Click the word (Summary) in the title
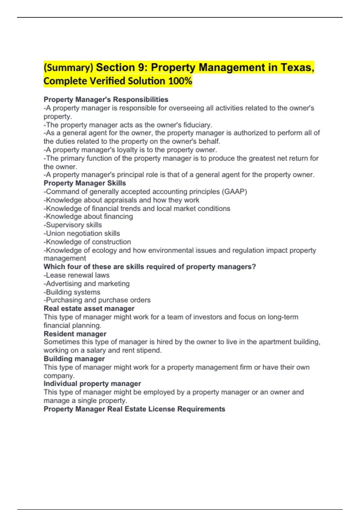pyautogui.click(x=68, y=68)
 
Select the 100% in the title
pyautogui.click(x=180, y=81)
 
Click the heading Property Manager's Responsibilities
pyautogui.click(x=106, y=99)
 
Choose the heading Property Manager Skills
pyautogui.click(x=85, y=183)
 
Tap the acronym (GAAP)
pyautogui.click(x=234, y=191)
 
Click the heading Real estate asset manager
pyautogui.click(x=89, y=308)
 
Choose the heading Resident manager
pyautogui.click(x=75, y=334)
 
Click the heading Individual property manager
pyautogui.click(x=92, y=384)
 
